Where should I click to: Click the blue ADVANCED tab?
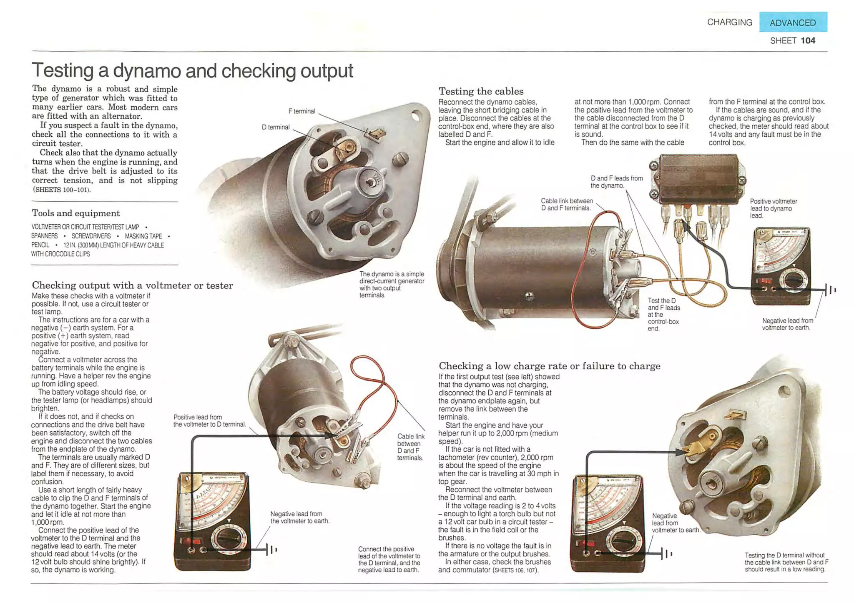click(793, 23)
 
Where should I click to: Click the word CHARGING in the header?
click(729, 22)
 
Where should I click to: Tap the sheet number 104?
click(808, 40)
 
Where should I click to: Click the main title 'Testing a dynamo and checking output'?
click(192, 70)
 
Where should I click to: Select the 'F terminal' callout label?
click(301, 111)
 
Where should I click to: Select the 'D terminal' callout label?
click(275, 127)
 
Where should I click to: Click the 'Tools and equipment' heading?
click(76, 213)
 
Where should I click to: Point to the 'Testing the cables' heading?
click(481, 91)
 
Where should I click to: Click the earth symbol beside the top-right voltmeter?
click(830, 289)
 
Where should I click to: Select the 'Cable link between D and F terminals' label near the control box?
click(566, 204)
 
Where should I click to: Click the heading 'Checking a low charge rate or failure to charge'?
click(549, 366)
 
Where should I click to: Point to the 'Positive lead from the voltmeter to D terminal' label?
click(209, 420)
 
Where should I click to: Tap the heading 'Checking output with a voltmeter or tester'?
click(132, 285)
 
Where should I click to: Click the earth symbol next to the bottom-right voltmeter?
click(666, 554)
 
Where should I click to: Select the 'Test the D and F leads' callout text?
click(663, 314)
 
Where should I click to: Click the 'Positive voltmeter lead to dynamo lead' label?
click(773, 208)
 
